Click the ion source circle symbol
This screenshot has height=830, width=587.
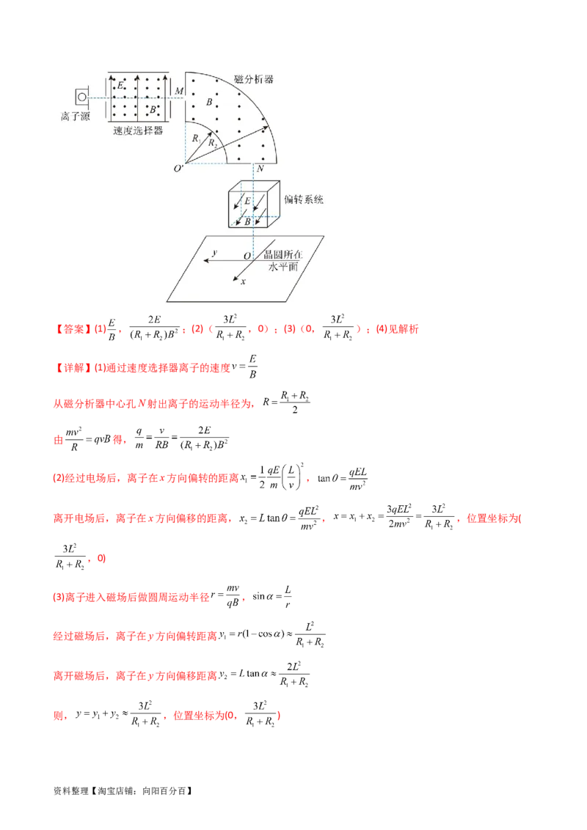(x=81, y=96)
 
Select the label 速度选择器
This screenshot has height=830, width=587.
(x=138, y=131)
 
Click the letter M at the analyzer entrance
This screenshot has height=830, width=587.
(x=178, y=90)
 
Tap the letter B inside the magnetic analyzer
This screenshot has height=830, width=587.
(x=209, y=103)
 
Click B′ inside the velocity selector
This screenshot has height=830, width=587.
(x=153, y=109)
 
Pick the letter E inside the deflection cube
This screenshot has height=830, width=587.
(x=247, y=199)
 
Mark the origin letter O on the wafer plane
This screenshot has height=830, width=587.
(x=247, y=256)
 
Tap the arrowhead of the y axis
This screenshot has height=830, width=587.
(x=206, y=260)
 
